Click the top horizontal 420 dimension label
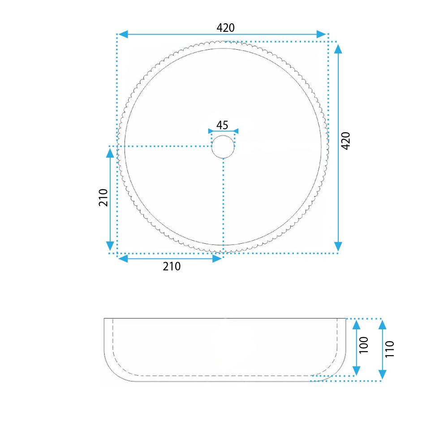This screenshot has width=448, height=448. (x=225, y=28)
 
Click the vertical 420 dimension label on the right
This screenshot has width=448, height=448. (x=346, y=141)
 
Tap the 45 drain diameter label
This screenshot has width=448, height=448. (x=222, y=125)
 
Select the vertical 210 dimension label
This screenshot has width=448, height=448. (x=103, y=198)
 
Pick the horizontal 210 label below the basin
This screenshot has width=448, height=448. (x=172, y=266)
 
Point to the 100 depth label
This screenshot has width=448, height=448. (x=364, y=345)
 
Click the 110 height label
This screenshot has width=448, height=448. (x=390, y=349)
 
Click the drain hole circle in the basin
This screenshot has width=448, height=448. (x=223, y=146)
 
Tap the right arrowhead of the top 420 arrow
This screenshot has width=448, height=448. (x=321, y=34)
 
